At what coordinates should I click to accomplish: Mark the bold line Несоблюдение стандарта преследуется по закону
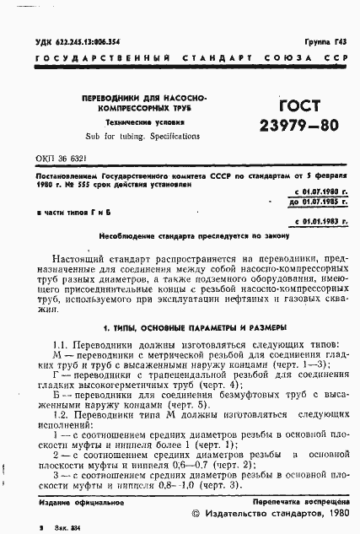tap(180, 236)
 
